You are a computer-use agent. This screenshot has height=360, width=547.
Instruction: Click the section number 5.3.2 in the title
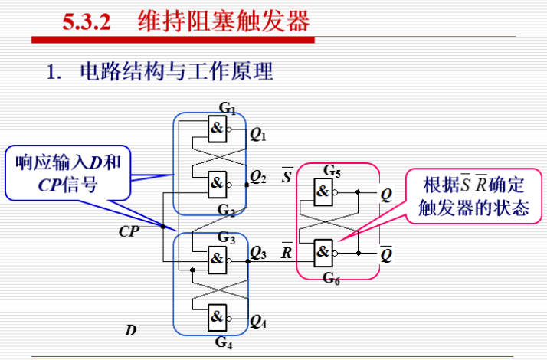click(x=86, y=20)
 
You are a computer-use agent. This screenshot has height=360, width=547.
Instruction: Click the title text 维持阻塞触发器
click(x=224, y=20)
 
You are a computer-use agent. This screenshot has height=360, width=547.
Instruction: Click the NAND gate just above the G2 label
click(x=218, y=183)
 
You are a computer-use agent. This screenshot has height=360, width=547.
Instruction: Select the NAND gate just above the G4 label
click(x=218, y=316)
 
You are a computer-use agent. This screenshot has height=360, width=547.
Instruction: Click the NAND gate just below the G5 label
click(x=324, y=191)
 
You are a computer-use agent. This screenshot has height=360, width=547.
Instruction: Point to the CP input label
click(x=130, y=230)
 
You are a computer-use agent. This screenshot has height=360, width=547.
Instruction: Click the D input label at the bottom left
click(x=131, y=331)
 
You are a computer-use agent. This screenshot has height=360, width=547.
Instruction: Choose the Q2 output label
click(x=257, y=178)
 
